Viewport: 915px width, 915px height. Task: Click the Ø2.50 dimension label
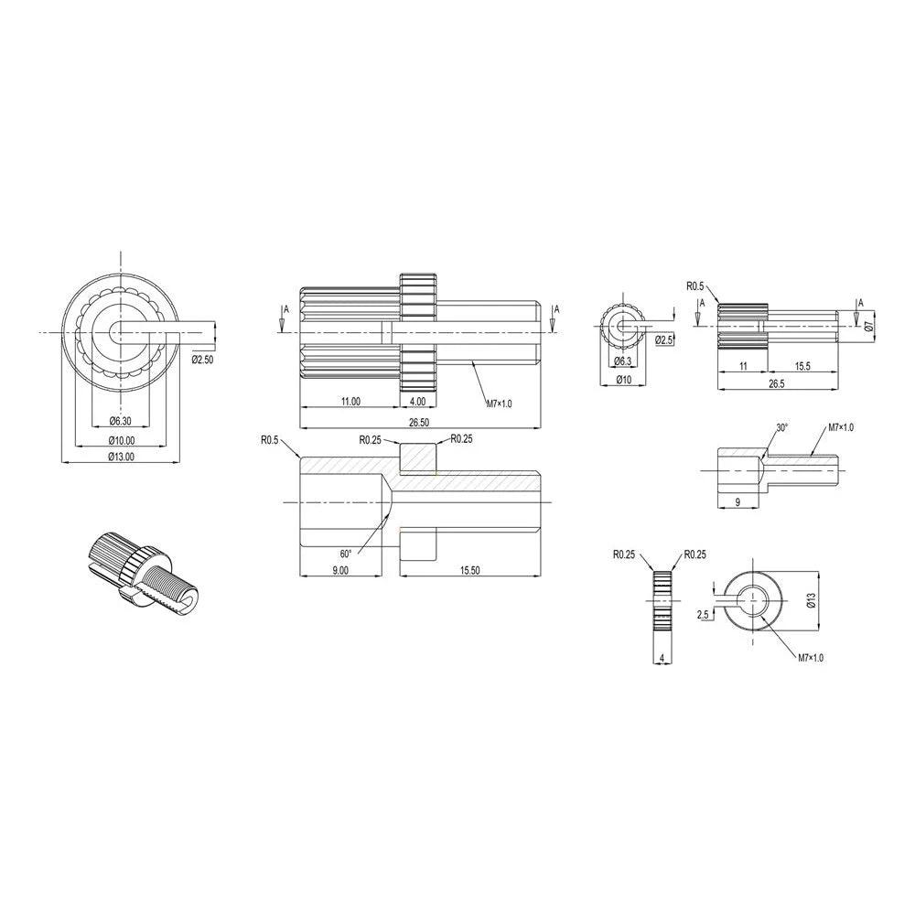[x=202, y=359]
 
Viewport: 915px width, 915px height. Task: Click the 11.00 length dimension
[x=350, y=401]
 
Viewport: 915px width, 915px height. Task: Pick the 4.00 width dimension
[x=417, y=401]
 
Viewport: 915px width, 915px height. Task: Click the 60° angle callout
[x=346, y=554]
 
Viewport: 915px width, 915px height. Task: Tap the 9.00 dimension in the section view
[x=339, y=569]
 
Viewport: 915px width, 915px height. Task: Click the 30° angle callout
[x=781, y=427]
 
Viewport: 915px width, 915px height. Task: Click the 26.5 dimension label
[x=777, y=383]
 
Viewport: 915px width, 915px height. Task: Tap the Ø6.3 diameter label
[x=624, y=361]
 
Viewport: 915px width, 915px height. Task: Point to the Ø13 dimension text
[x=810, y=600]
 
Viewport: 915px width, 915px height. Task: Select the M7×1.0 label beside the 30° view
[x=840, y=427]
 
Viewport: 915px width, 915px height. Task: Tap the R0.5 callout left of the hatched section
[x=269, y=440]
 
